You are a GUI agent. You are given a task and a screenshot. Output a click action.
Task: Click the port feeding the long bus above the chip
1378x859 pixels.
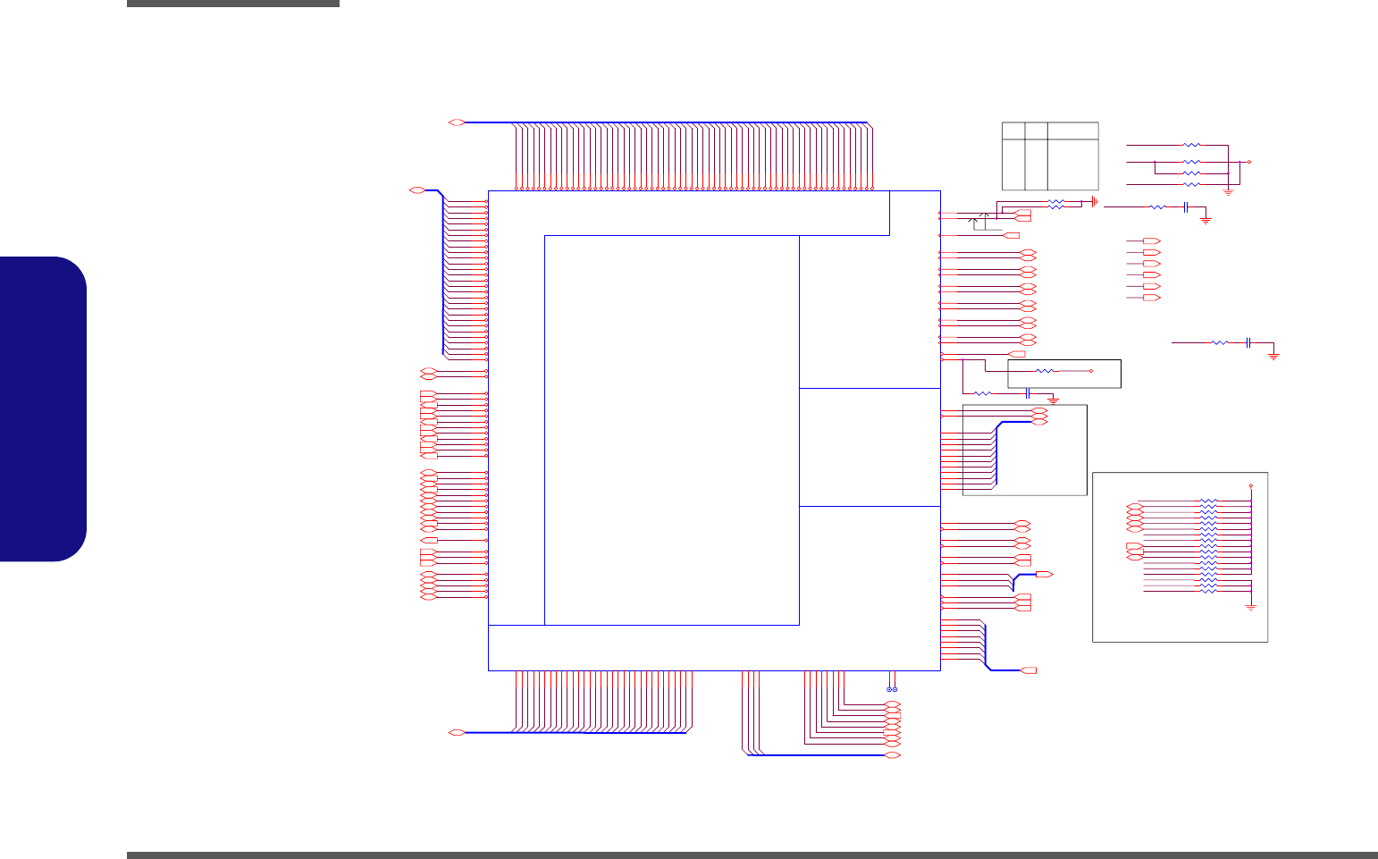[x=456, y=122]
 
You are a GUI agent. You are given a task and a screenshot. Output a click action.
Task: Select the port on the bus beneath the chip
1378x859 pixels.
[x=456, y=732]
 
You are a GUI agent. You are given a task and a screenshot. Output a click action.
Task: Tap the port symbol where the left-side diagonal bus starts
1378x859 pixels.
[x=416, y=190]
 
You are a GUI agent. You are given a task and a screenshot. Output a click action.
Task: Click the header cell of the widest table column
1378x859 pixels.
[x=1072, y=131]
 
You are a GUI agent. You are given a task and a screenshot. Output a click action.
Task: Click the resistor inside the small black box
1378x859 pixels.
[x=1044, y=370]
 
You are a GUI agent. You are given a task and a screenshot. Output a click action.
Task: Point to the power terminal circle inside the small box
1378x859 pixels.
[x=1091, y=370]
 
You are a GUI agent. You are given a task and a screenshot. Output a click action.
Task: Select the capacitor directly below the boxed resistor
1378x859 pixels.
[x=1028, y=393]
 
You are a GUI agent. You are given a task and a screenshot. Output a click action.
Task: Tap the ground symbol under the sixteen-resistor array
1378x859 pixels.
[x=1251, y=606]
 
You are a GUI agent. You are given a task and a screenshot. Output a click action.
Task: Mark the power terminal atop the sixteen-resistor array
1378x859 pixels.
[x=1250, y=485]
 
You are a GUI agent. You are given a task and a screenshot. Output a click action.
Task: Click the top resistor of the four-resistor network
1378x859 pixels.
[x=1191, y=144]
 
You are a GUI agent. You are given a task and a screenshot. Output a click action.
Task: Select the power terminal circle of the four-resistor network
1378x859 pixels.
[x=1248, y=162]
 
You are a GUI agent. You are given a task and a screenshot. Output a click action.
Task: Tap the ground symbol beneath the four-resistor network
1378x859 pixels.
[x=1228, y=192]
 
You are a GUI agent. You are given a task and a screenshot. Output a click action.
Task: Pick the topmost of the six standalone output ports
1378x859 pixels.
[x=1152, y=241]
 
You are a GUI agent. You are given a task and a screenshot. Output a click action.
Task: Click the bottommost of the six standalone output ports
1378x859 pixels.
[x=1152, y=297]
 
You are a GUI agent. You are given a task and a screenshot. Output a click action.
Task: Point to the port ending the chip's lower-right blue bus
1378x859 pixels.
[x=1029, y=670]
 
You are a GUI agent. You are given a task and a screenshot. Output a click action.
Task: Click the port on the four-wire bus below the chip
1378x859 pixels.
[x=892, y=755]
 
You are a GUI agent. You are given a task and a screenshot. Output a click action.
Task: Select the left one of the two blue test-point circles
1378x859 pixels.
[x=889, y=689]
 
